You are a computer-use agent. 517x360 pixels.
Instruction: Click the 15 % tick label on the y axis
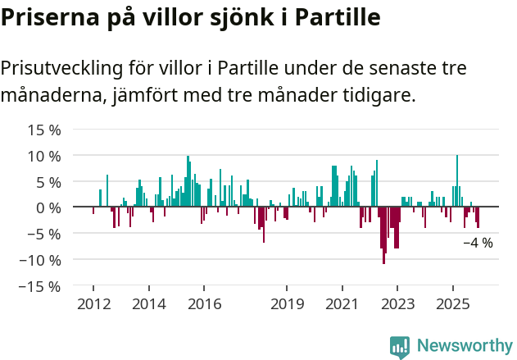(44, 130)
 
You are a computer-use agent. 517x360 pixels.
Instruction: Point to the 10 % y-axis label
(44, 156)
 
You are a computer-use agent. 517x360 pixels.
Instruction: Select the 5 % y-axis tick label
(48, 182)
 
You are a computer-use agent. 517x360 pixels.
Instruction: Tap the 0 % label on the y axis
(48, 207)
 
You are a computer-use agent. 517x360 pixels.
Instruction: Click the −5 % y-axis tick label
(44, 234)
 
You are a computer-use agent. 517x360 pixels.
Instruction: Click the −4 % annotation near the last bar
(478, 243)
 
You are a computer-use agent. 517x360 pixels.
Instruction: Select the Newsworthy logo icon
(400, 346)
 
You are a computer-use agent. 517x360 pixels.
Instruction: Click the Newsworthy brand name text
(465, 346)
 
